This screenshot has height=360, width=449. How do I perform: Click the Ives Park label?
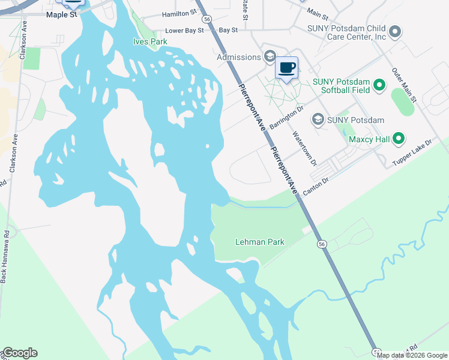click(149, 41)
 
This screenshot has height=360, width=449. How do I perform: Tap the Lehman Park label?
click(259, 242)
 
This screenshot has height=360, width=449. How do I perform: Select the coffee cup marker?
click(287, 67)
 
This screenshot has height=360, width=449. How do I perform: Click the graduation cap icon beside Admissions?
click(270, 56)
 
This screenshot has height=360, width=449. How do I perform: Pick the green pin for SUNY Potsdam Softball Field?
click(379, 86)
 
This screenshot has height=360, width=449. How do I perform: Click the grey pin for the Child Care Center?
click(394, 31)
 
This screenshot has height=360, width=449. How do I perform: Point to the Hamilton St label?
click(179, 12)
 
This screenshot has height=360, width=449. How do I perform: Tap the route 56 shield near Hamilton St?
click(206, 19)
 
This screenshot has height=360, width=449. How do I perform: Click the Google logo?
click(19, 353)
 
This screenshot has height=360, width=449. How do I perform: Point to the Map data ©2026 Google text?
click(412, 355)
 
